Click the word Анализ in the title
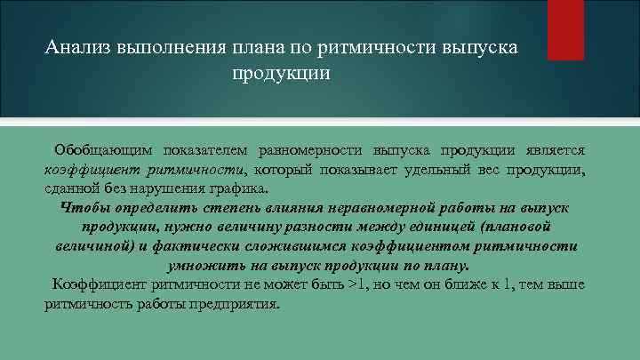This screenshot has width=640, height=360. point(77,47)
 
